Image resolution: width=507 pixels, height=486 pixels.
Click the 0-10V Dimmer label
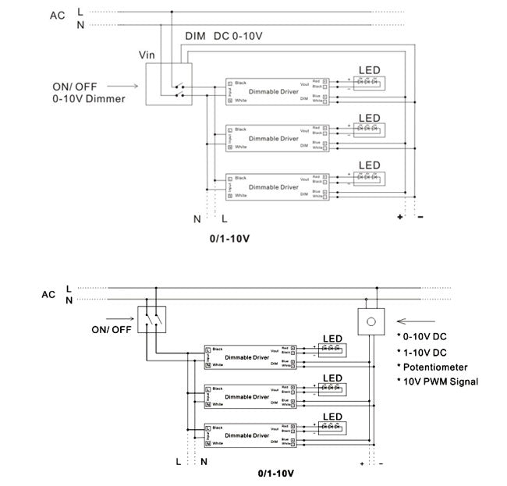(x=88, y=99)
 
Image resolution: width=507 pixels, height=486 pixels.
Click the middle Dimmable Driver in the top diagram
(x=273, y=138)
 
